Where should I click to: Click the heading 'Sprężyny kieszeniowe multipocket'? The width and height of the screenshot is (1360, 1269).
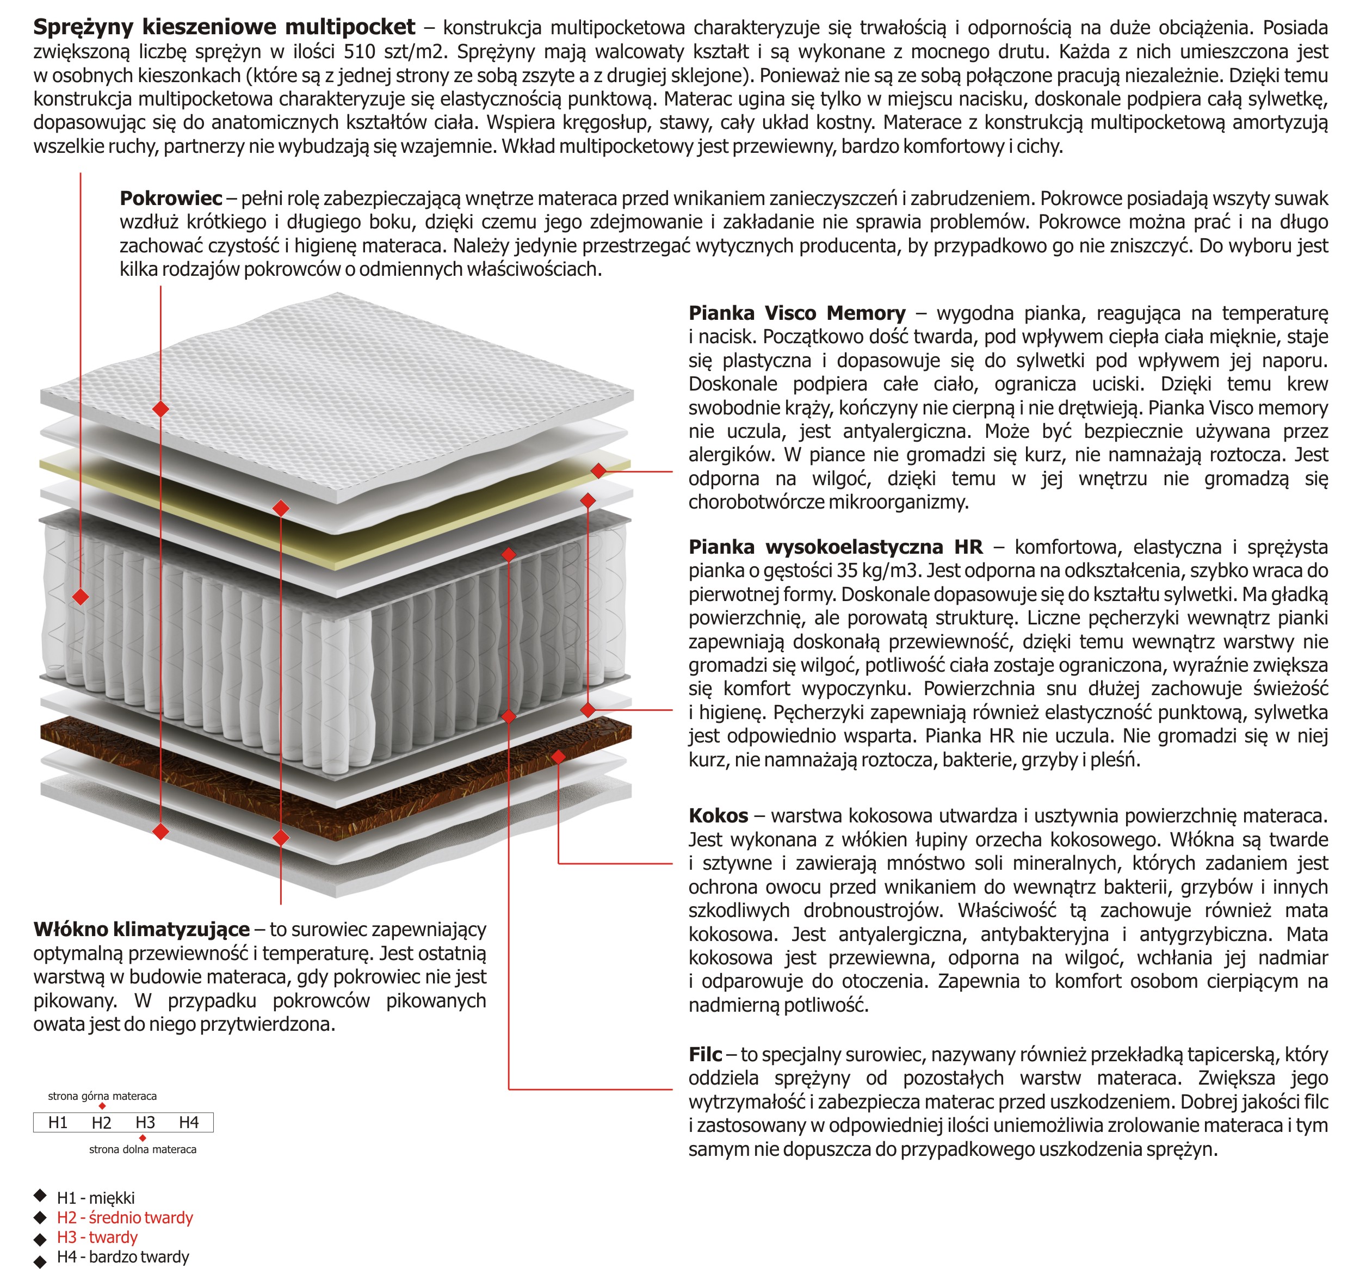[x=224, y=27]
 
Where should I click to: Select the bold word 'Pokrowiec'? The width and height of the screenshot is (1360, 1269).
[x=170, y=199]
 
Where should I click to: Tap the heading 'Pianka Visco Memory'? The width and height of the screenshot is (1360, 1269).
[x=796, y=313]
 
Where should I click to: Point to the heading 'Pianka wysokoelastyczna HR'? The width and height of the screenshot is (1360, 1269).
[x=834, y=547]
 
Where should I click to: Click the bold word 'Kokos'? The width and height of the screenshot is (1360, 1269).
[x=718, y=816]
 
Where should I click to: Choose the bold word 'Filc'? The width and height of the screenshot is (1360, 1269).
[x=704, y=1054]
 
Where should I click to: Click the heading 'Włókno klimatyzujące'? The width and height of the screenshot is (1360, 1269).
[x=141, y=930]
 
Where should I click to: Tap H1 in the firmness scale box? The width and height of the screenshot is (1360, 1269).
[x=58, y=1123]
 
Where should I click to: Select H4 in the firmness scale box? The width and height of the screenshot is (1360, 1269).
[x=189, y=1123]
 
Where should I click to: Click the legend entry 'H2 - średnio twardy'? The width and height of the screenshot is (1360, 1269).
[x=125, y=1218]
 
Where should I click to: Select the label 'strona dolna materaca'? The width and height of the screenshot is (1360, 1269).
[x=143, y=1149]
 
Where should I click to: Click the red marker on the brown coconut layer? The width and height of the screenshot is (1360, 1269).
[x=558, y=757]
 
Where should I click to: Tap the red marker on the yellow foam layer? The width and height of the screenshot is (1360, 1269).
[x=598, y=471]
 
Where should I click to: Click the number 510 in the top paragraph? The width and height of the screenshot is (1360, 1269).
[x=359, y=52]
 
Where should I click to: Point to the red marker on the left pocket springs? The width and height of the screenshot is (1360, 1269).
[x=80, y=597]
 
